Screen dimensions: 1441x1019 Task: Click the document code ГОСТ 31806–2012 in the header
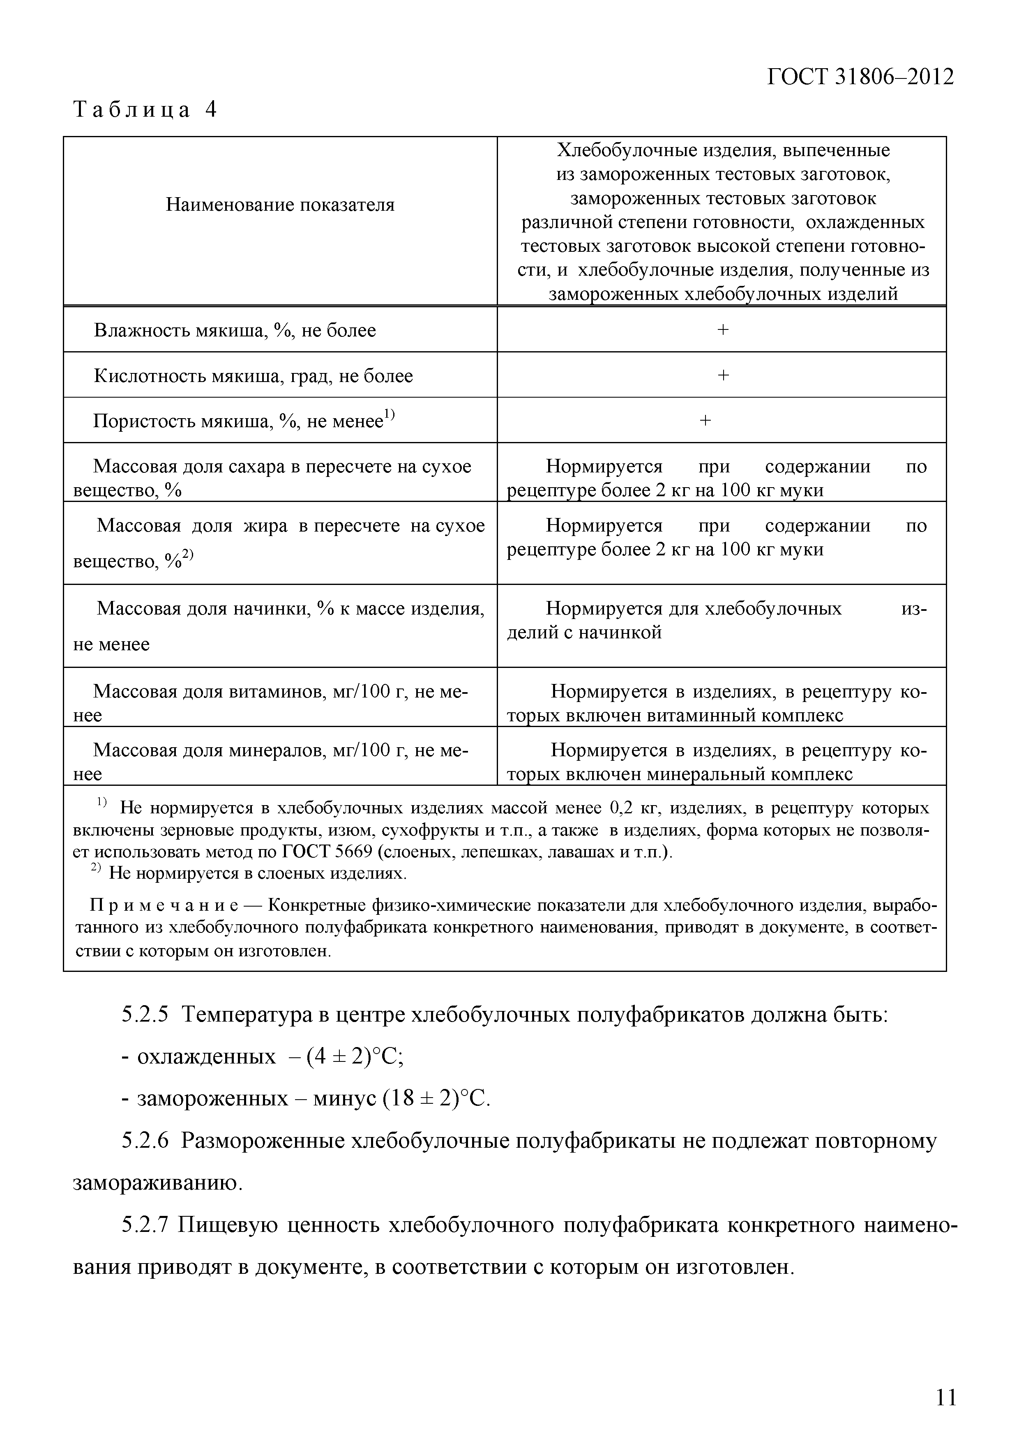coord(860,76)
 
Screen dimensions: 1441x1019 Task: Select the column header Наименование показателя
coord(280,205)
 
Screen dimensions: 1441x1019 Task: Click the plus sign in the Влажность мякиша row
coord(723,329)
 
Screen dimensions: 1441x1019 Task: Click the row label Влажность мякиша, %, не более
coord(235,330)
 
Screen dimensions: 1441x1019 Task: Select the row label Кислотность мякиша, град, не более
coord(254,376)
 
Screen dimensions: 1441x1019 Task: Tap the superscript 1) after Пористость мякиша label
coord(389,414)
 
